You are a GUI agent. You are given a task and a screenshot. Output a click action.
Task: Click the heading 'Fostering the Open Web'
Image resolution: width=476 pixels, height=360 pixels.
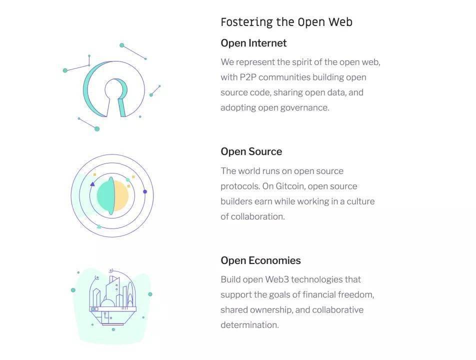(x=286, y=22)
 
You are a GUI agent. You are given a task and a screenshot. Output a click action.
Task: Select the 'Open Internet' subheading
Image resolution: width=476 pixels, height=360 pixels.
(x=253, y=43)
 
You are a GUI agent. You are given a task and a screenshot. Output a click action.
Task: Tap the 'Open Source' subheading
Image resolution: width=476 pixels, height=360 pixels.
(x=251, y=151)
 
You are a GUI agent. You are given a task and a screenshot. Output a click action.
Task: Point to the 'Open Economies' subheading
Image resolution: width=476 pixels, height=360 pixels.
(x=261, y=260)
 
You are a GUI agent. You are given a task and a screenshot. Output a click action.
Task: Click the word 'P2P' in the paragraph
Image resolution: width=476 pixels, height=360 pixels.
(x=247, y=77)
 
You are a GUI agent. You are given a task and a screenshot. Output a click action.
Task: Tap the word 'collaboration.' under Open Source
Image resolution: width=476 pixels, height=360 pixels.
(x=257, y=216)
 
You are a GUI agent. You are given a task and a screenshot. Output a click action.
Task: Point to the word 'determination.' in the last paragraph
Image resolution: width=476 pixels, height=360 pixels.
(x=249, y=325)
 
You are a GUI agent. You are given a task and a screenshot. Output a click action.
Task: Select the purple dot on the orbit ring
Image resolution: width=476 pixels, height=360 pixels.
(x=145, y=191)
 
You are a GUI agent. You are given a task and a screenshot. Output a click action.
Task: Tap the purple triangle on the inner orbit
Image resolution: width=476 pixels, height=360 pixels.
(x=92, y=184)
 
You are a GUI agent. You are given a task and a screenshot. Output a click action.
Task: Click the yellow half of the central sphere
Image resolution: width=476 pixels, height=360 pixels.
(x=121, y=196)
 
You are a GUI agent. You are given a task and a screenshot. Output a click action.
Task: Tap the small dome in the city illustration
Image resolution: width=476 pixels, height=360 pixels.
(x=108, y=303)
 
